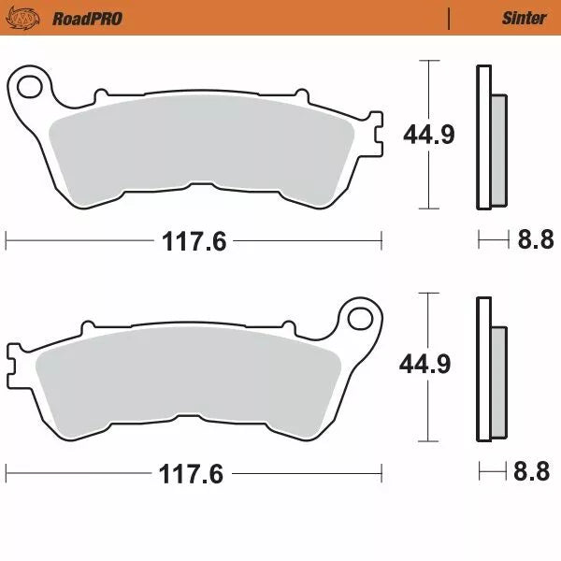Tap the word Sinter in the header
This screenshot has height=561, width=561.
point(525,18)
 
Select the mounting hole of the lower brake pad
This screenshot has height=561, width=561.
point(360,318)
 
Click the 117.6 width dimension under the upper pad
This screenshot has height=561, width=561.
point(194,241)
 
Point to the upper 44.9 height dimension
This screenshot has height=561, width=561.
point(429,135)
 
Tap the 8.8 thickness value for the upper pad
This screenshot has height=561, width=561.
point(536,241)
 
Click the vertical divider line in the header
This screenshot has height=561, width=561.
point(449,18)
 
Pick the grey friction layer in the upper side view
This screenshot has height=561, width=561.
point(498,150)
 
